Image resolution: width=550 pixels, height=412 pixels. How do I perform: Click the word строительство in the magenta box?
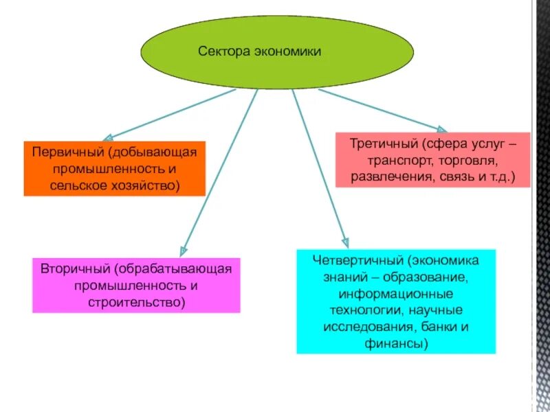[x=137, y=301]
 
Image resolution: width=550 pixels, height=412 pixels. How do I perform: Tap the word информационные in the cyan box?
[x=396, y=294]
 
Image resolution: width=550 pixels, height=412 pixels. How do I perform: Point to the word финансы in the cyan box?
[x=396, y=343]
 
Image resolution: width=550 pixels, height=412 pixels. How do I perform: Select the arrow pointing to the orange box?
[x=172, y=113]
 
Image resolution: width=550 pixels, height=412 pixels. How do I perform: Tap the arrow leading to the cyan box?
[x=320, y=172]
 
